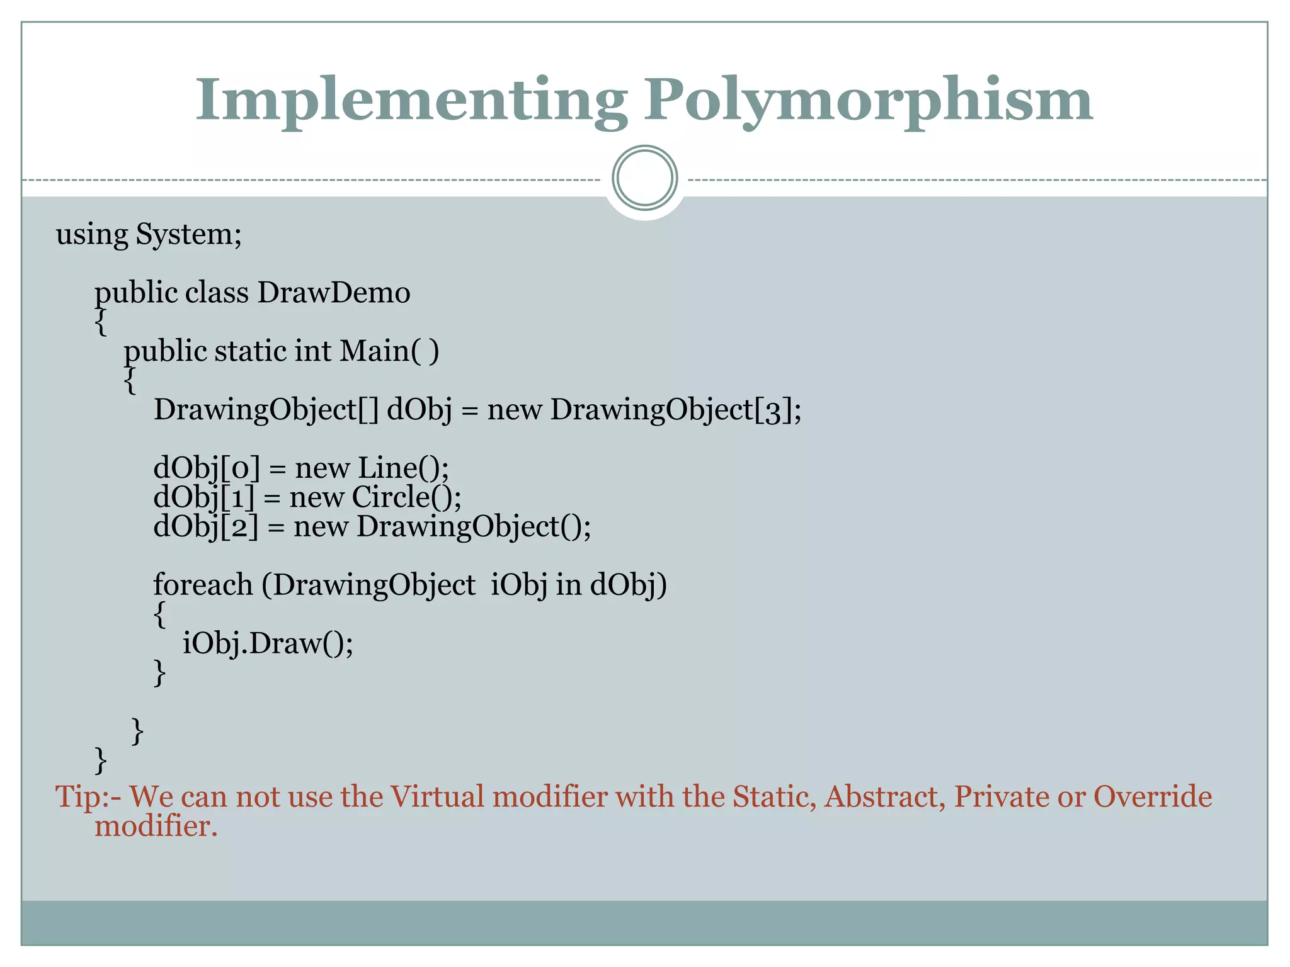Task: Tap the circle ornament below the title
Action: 644,178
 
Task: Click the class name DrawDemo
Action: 334,293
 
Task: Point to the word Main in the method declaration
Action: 375,351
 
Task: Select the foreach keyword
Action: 203,585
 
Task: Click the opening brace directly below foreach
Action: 160,614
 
